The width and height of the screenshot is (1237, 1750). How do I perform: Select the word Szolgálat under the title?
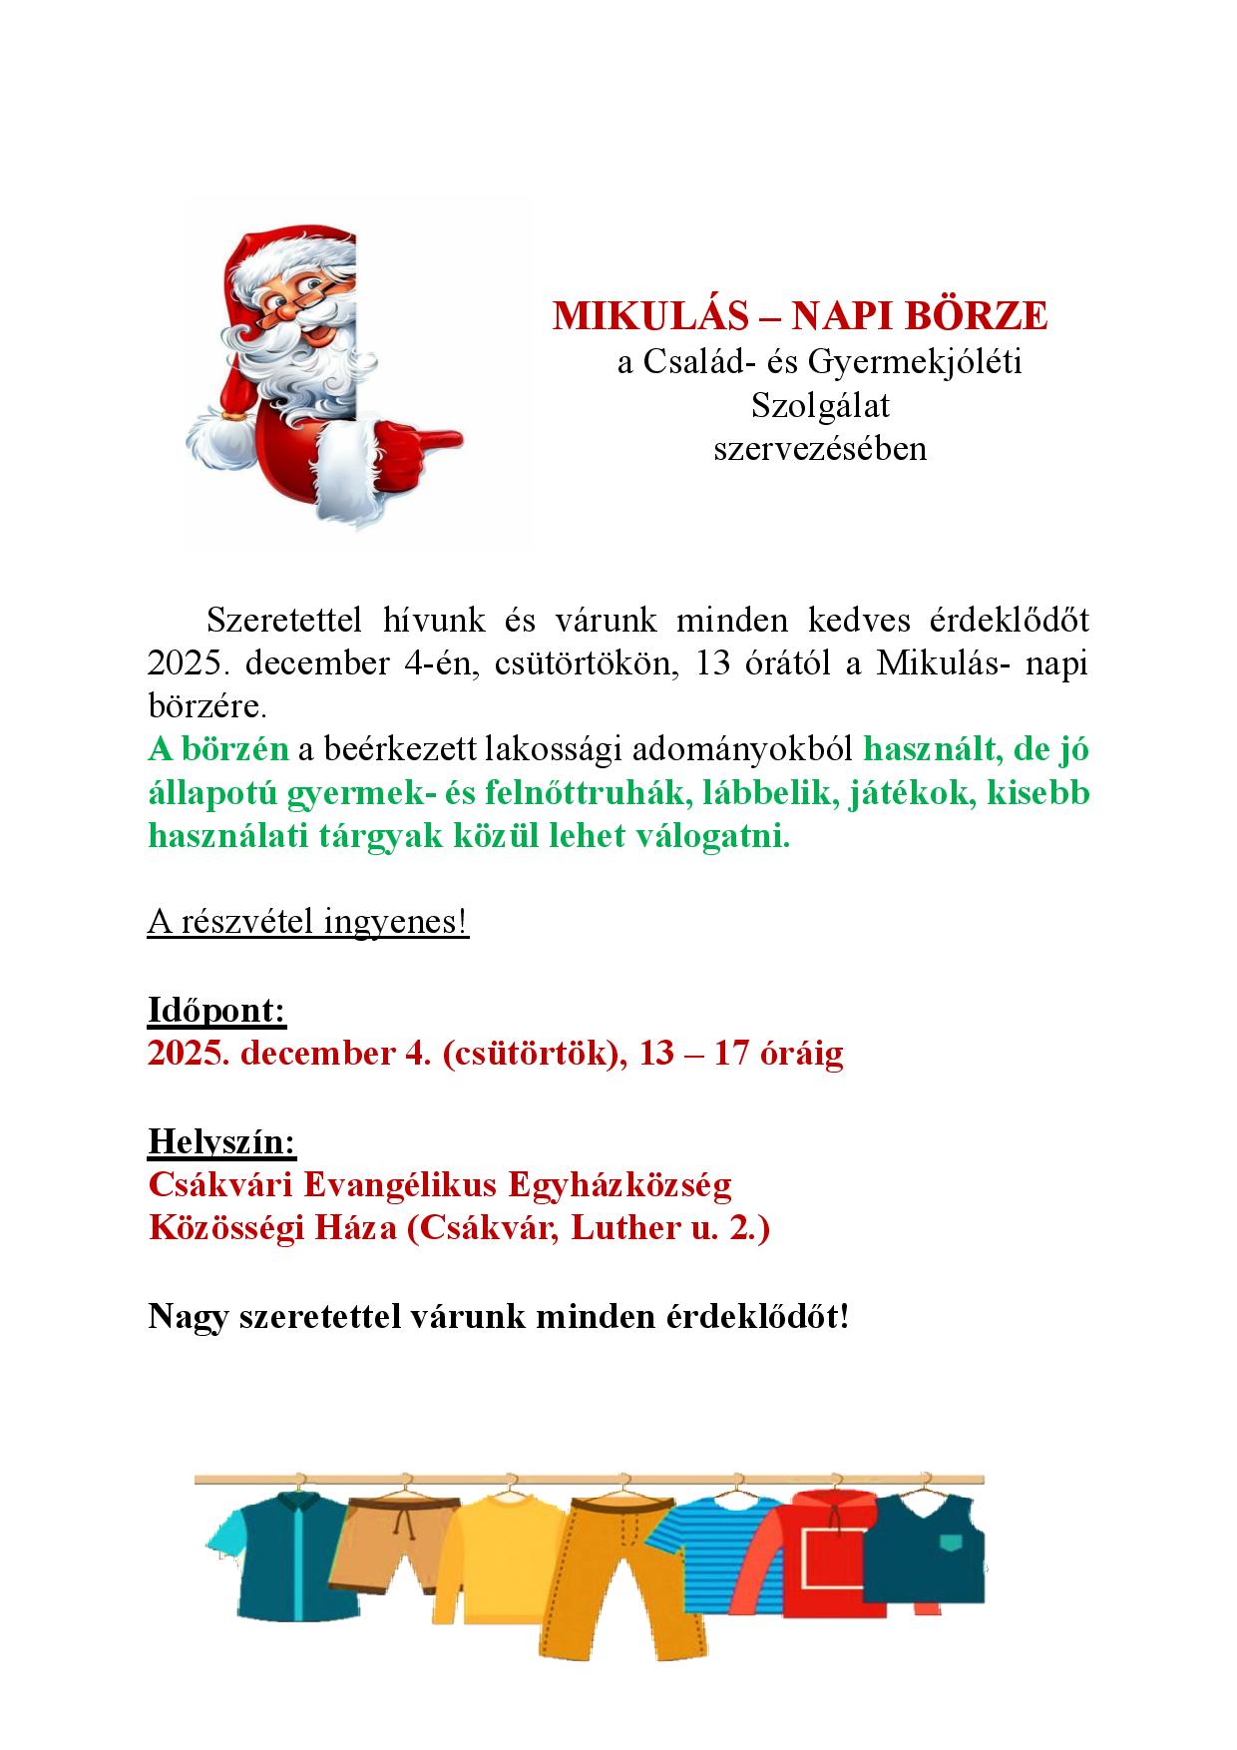pos(820,406)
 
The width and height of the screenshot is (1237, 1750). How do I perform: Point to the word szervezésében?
pos(820,449)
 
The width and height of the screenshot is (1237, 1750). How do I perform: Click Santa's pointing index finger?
pos(439,440)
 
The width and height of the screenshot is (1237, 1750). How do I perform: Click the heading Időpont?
pos(217,1011)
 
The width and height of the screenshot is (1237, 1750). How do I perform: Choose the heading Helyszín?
pos(222,1140)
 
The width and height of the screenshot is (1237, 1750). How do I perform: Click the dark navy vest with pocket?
pos(923,1556)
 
